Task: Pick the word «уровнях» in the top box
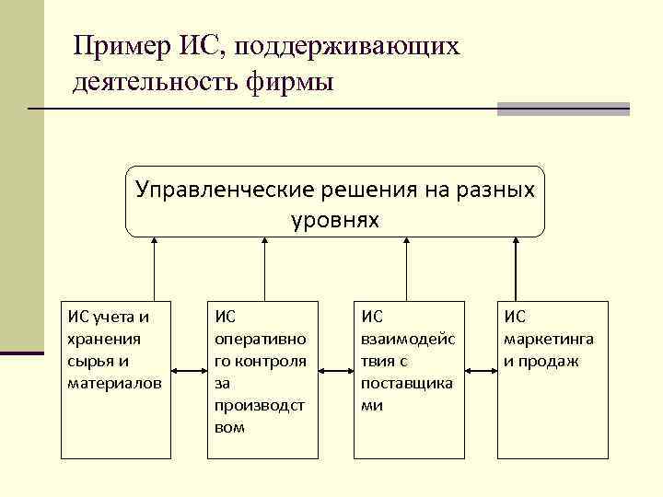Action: pyautogui.click(x=334, y=221)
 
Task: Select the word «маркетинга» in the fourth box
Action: pyautogui.click(x=549, y=338)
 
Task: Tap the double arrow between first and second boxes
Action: pyautogui.click(x=189, y=372)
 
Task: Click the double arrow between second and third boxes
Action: pyautogui.click(x=336, y=372)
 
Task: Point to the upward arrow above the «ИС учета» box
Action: pyautogui.click(x=155, y=267)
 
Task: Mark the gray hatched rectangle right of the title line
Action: pyautogui.click(x=563, y=109)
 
